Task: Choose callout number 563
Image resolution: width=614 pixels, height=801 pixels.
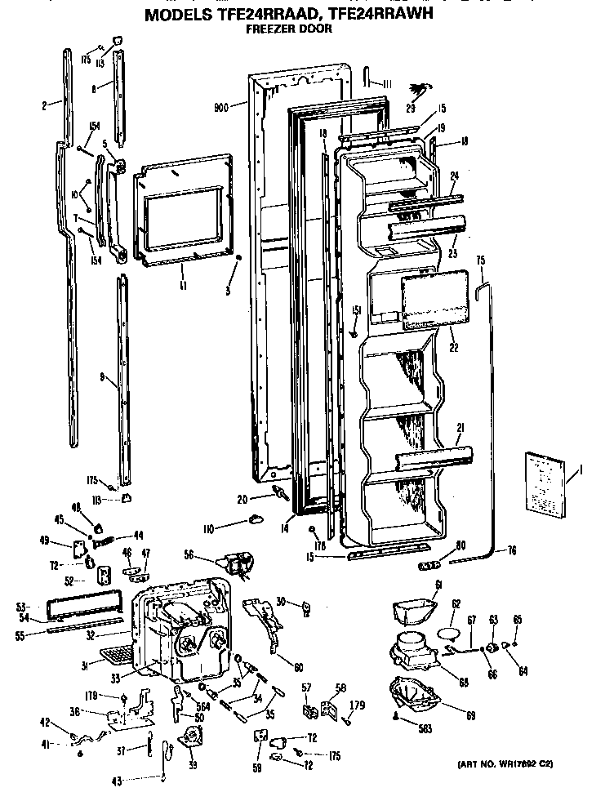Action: [x=422, y=728]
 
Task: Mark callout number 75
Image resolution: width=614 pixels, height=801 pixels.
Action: [x=481, y=260]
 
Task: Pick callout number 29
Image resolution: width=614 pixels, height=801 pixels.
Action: [x=411, y=109]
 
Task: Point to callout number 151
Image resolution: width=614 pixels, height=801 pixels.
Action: [x=356, y=309]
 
